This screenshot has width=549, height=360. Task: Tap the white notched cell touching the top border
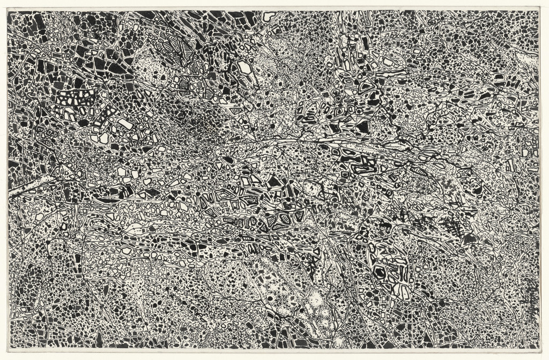point(268,16)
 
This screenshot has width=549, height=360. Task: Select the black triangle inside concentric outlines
point(281,221)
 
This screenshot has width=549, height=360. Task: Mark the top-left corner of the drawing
point(8,11)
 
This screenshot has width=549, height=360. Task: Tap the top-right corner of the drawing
point(539,11)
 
